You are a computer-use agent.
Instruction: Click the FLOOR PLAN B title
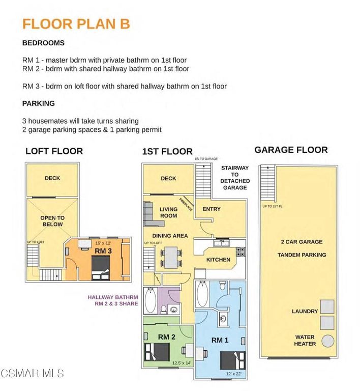76,24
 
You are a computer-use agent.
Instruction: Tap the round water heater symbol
327,341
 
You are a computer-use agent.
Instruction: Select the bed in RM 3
101,268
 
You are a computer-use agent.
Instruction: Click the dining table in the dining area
171,257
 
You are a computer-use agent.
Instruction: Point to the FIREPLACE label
186,205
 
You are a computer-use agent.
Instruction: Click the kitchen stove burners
240,252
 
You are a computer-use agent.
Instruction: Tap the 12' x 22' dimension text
233,374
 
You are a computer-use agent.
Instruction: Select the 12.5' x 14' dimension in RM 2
182,363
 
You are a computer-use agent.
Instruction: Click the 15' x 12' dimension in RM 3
103,243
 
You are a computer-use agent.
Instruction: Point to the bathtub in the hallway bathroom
151,300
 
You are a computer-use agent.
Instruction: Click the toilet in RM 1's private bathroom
222,285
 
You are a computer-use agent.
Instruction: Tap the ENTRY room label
212,209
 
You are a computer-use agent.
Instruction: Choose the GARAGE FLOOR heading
291,150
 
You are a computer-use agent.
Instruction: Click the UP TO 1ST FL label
273,206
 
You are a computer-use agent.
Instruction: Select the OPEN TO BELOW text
52,221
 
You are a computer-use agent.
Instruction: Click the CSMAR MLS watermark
32,373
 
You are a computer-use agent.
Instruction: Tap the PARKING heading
38,103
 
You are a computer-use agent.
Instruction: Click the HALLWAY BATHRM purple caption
113,297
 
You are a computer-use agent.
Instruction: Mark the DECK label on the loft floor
52,178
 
